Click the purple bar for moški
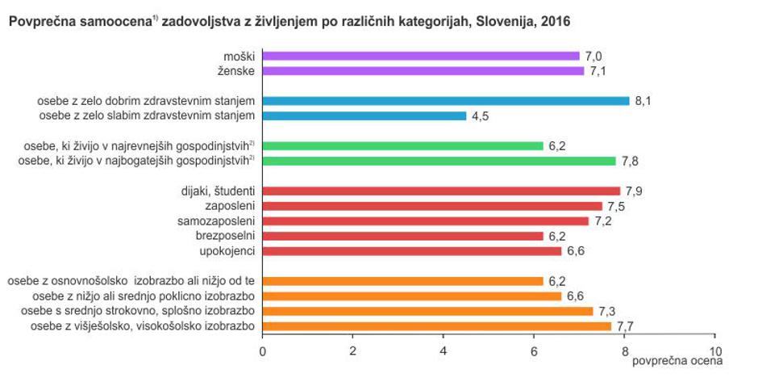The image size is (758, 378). [x=421, y=56]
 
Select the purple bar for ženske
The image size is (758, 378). [x=423, y=71]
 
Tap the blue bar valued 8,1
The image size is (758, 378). [x=446, y=101]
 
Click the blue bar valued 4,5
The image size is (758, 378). [x=364, y=116]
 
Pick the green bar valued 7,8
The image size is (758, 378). [x=439, y=161]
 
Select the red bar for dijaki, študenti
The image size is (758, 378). [x=441, y=191]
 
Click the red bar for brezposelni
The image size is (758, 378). [x=403, y=236]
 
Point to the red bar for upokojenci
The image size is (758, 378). [x=412, y=251]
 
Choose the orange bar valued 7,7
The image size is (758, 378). [x=437, y=326]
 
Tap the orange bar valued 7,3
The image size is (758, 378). [x=427, y=311]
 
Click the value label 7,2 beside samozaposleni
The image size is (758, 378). [x=604, y=221]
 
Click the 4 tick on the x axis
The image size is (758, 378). [x=444, y=351]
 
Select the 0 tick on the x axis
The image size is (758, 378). [x=262, y=351]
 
